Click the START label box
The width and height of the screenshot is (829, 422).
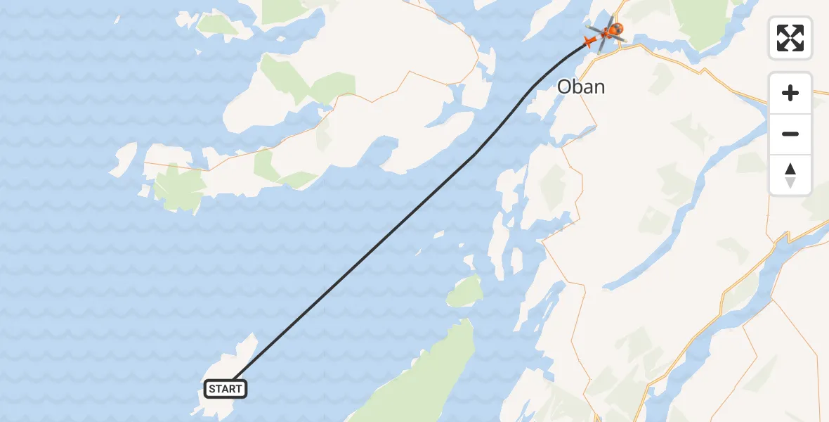226,389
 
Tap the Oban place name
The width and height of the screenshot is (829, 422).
580,87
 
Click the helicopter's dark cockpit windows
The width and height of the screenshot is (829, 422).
616,30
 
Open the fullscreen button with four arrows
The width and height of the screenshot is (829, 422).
790,38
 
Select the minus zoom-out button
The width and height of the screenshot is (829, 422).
790,134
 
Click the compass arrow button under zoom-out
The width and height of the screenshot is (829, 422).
790,175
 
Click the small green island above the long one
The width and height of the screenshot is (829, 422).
465,290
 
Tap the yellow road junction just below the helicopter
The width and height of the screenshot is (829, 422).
621,47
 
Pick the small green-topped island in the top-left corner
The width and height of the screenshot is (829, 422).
218,25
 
